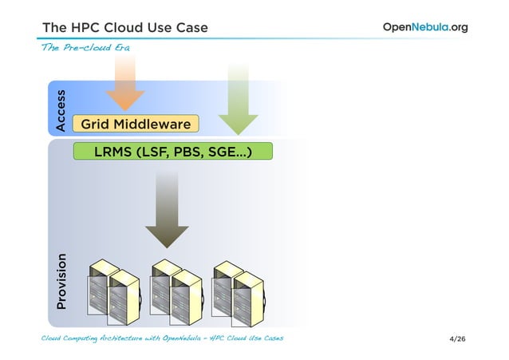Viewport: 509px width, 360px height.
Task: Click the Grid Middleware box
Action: [135, 124]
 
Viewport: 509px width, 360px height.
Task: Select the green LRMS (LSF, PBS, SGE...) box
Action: [172, 151]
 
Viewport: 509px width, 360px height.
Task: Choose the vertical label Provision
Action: [61, 282]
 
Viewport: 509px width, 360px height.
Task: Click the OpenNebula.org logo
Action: [425, 27]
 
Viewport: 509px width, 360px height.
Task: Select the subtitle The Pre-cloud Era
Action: [85, 47]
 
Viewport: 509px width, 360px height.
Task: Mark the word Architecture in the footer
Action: [112, 339]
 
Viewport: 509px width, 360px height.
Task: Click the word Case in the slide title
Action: [191, 28]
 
